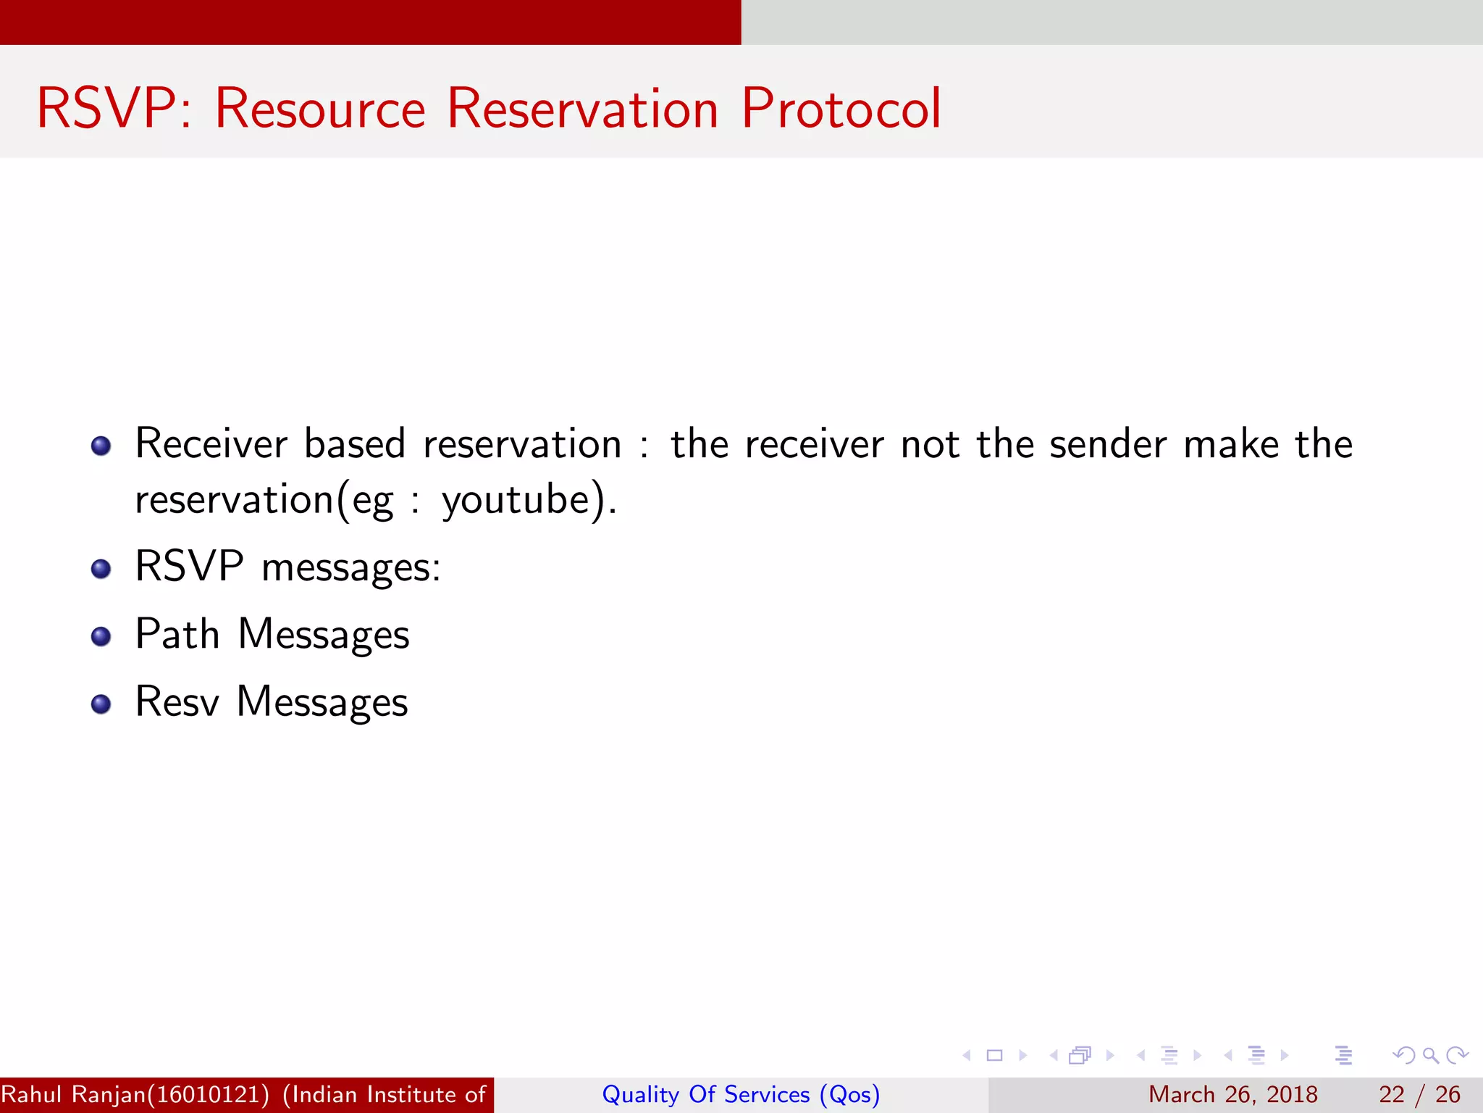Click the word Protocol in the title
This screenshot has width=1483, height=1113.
(841, 109)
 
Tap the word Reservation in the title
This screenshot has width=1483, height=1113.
(582, 109)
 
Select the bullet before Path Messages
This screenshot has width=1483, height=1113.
(101, 637)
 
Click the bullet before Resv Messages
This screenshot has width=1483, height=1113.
(101, 704)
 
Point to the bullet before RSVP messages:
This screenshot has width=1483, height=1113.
(101, 570)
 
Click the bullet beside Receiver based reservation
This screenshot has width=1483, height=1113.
(101, 446)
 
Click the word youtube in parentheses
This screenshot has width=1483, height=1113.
(516, 501)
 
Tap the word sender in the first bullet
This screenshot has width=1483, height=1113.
(1108, 444)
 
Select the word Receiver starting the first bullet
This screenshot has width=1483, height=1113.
(211, 444)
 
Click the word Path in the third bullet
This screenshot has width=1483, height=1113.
(177, 635)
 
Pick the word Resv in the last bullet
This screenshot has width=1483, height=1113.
(177, 702)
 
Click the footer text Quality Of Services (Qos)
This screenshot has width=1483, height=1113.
(741, 1094)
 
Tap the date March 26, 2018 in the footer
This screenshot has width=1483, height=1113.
(1232, 1094)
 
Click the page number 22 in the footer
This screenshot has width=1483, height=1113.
(1391, 1094)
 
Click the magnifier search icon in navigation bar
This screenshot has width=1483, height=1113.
(1430, 1055)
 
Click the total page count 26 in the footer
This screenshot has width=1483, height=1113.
(1448, 1094)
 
